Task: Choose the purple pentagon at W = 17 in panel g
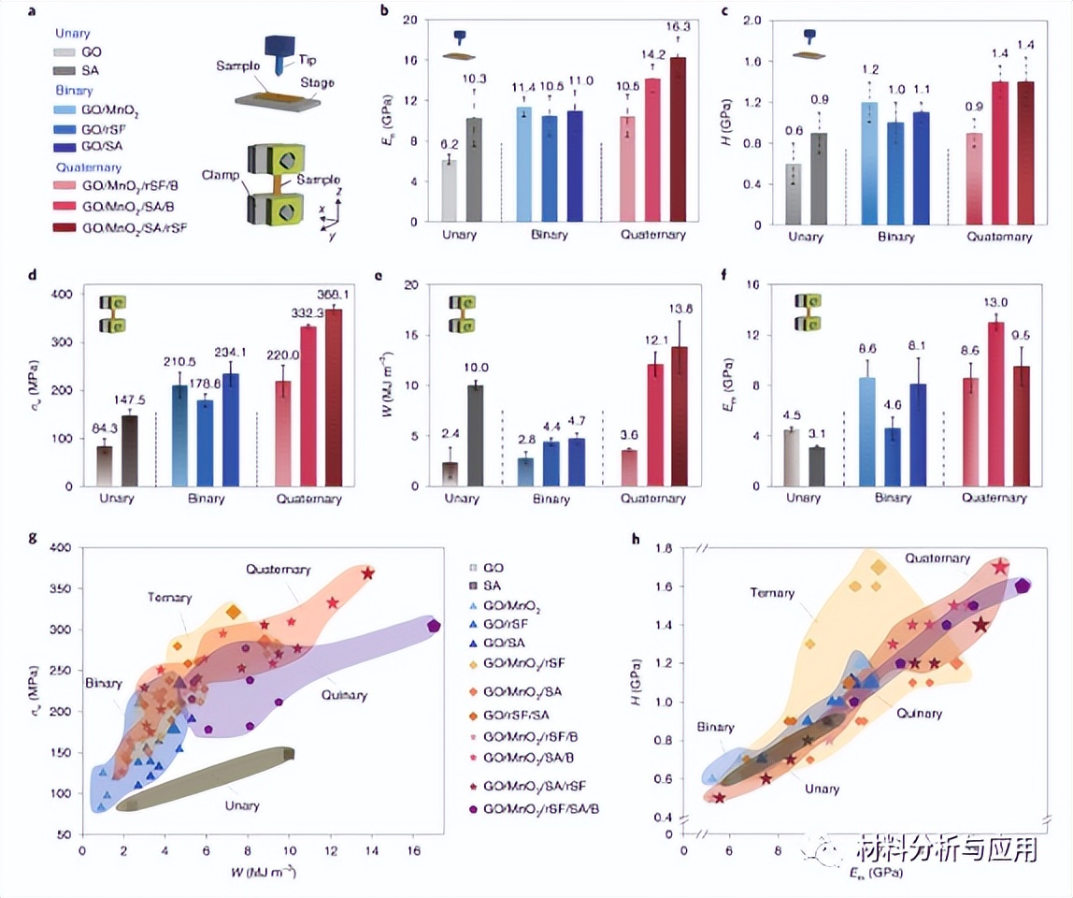[434, 626]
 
